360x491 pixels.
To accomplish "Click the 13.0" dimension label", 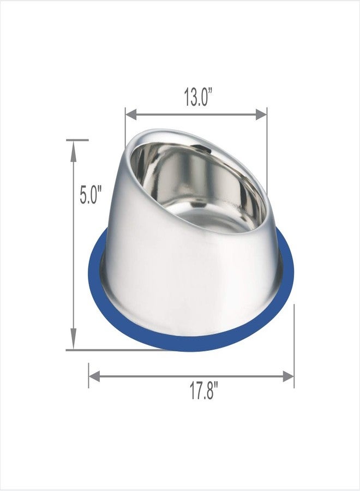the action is tap(198, 97).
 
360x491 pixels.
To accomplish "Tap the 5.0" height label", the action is tap(91, 195).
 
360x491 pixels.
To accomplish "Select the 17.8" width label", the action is tap(204, 391).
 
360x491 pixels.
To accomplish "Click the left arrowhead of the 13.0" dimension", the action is tap(131, 115).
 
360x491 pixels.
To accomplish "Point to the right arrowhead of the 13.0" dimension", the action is tap(261, 115).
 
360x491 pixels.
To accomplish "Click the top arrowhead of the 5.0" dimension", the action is tap(74, 152).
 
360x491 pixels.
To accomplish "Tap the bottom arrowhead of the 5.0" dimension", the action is tap(74, 338).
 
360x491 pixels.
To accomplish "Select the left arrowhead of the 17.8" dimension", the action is tap(94, 376).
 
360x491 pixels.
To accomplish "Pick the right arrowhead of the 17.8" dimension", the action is tap(289, 376).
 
